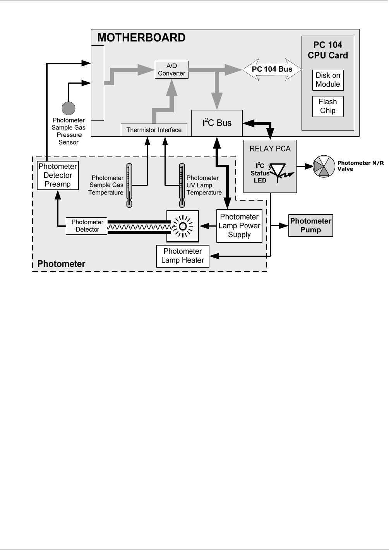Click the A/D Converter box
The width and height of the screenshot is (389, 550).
[x=171, y=70]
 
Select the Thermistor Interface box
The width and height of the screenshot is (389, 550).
[x=154, y=130]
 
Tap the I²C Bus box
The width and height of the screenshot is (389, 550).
[x=217, y=123]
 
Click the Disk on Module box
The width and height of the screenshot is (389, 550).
[x=328, y=80]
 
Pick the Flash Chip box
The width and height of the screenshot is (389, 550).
[x=328, y=106]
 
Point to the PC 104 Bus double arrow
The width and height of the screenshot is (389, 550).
[x=272, y=69]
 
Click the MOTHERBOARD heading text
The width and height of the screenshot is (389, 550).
[x=141, y=38]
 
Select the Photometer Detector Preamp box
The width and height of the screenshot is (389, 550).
[x=58, y=175]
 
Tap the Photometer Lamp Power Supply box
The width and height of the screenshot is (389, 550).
[x=239, y=226]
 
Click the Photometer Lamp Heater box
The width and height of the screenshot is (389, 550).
[x=183, y=256]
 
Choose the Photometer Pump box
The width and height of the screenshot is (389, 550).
[x=311, y=226]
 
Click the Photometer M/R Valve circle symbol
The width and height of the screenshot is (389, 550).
[x=324, y=166]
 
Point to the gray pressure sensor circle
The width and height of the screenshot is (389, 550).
[x=69, y=108]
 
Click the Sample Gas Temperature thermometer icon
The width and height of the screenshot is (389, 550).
[x=129, y=186]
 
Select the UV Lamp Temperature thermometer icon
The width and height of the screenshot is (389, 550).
[x=182, y=186]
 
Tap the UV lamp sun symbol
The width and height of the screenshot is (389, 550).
[x=183, y=226]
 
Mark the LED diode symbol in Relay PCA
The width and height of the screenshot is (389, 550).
[x=280, y=172]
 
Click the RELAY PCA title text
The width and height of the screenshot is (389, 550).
[x=270, y=149]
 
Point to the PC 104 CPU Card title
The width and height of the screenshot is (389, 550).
[x=328, y=50]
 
